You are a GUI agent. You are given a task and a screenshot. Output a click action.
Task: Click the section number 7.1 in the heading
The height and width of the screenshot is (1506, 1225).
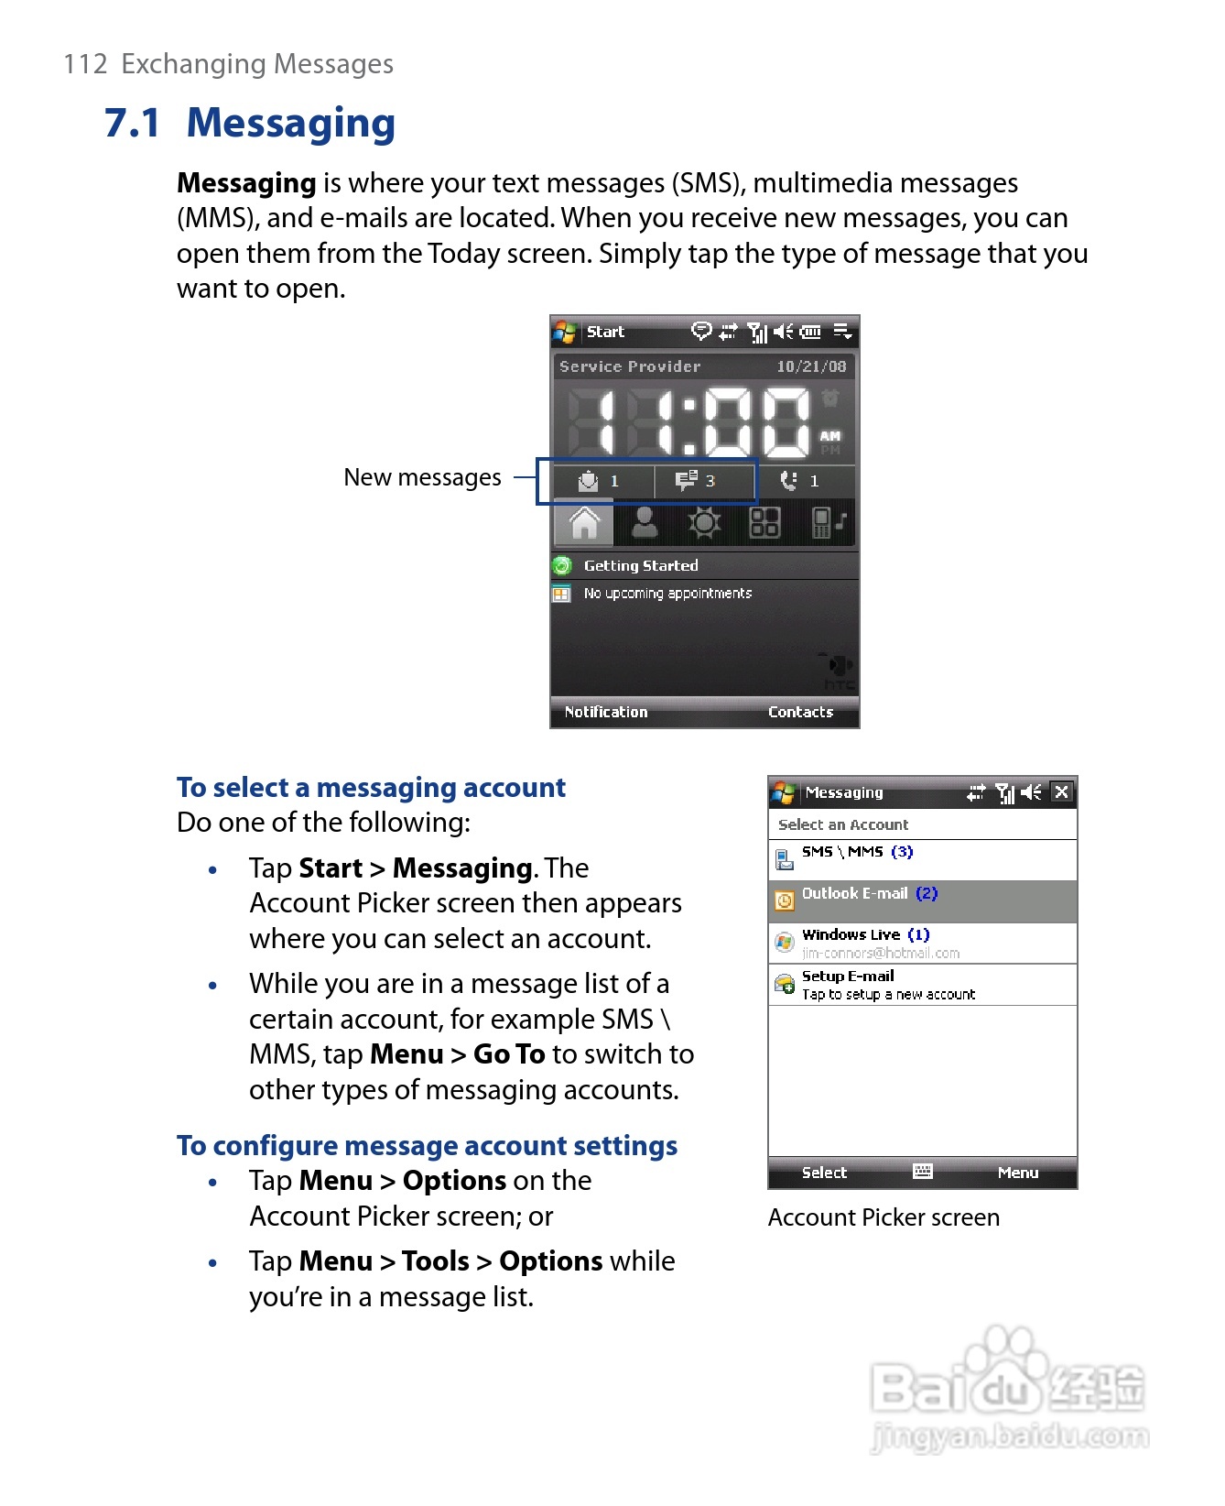coord(133,123)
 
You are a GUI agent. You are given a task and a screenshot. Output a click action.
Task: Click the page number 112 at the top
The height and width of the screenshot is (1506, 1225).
coord(85,64)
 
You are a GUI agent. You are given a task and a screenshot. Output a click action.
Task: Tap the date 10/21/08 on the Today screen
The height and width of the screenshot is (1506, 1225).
coord(811,366)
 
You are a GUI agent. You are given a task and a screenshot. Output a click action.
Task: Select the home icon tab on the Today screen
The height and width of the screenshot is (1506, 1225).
coord(584,523)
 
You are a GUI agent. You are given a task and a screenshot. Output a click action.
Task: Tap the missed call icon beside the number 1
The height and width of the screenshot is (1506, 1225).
coord(788,481)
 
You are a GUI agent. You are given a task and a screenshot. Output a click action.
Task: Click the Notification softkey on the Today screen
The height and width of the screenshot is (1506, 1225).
coord(605,712)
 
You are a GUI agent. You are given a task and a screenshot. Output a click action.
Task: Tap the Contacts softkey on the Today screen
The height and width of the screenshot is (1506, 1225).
coord(800,712)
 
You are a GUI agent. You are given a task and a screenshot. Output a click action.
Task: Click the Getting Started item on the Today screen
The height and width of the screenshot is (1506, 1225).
coord(640,566)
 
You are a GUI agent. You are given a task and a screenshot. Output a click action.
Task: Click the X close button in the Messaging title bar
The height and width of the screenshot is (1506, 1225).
coord(1061,792)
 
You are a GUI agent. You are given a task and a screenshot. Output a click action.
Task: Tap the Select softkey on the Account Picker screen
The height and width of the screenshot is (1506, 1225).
coord(824,1173)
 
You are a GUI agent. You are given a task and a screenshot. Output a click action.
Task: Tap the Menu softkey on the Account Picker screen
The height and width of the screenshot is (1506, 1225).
coord(1018,1173)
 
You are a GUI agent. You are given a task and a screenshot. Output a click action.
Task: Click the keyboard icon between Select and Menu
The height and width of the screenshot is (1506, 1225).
coord(923,1172)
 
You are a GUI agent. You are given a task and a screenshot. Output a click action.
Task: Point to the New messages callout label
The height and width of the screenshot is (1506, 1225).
coord(422,477)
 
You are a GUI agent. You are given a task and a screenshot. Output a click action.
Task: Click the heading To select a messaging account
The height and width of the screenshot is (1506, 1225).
coord(371,788)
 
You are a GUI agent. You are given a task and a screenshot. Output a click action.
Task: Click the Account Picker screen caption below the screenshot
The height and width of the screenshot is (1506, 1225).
coord(884,1217)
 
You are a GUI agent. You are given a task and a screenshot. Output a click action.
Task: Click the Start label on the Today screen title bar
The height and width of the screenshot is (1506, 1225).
coord(605,332)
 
